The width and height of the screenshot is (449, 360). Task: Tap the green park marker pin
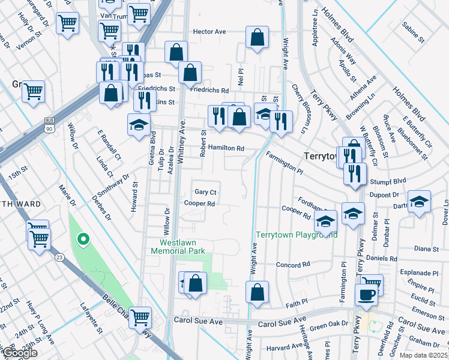tap(83, 241)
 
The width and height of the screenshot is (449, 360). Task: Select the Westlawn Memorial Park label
tap(182, 247)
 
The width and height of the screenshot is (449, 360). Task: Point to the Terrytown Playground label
tap(297, 235)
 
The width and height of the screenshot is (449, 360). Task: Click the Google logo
tap(20, 352)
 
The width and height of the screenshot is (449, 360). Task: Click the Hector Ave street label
tap(209, 31)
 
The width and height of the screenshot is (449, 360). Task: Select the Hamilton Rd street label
tap(226, 148)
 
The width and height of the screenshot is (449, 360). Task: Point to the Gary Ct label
tap(205, 192)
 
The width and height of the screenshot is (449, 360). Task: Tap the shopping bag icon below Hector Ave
tap(257, 37)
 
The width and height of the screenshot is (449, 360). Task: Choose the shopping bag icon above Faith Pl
tap(257, 292)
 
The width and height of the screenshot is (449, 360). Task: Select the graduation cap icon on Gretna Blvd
tap(139, 125)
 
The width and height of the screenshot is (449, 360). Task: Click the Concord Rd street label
tap(292, 264)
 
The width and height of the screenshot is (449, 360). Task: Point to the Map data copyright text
tap(424, 355)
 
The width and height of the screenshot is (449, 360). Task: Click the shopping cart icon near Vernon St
tap(67, 23)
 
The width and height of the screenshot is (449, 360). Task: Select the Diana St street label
tap(427, 248)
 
